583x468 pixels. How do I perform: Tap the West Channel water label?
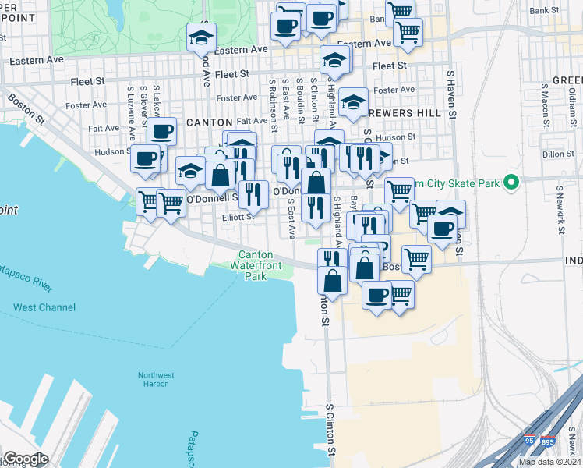44,307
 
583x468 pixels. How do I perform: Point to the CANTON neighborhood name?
210,122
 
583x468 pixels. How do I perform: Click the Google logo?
26,459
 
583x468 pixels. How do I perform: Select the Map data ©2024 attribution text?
549,462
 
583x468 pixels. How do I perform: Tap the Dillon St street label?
557,154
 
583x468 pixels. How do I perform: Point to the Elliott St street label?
238,218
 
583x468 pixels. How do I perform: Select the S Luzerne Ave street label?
129,109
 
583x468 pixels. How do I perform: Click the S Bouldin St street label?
299,98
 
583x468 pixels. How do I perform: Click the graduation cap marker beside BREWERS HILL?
353,102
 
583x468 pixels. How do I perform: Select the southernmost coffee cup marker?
376,295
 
